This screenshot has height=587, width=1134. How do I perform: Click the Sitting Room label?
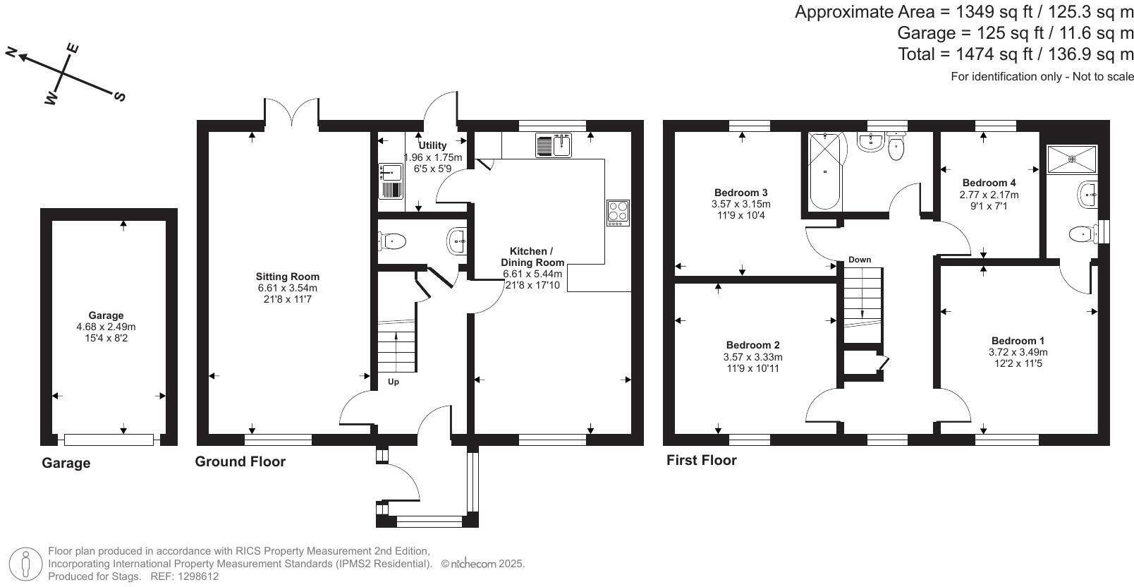pyautogui.click(x=287, y=277)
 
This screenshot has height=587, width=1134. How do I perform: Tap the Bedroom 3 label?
pyautogui.click(x=740, y=193)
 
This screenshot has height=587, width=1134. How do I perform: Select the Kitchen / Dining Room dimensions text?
pyautogui.click(x=532, y=279)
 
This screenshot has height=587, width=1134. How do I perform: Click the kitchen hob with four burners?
pyautogui.click(x=618, y=213)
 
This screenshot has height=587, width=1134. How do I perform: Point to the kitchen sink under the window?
pyautogui.click(x=554, y=145)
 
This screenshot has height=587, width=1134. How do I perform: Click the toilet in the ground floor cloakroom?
pyautogui.click(x=392, y=241)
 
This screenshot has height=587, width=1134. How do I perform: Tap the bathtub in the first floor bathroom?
pyautogui.click(x=824, y=171)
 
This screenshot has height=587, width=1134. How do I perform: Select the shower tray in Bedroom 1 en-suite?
pyautogui.click(x=1072, y=159)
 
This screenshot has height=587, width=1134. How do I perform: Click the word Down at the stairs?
pyautogui.click(x=860, y=260)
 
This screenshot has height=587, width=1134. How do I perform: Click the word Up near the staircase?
pyautogui.click(x=394, y=382)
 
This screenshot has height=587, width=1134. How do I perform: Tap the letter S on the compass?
pyautogui.click(x=120, y=96)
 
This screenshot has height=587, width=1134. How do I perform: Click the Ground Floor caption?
pyautogui.click(x=240, y=461)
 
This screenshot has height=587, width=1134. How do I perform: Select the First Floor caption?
pyautogui.click(x=701, y=460)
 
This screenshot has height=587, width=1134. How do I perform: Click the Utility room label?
pyautogui.click(x=432, y=145)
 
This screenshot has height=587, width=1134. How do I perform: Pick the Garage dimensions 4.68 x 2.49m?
pyautogui.click(x=106, y=327)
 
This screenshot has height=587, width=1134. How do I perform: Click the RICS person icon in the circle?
pyautogui.click(x=25, y=564)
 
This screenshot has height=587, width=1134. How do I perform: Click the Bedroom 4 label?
pyautogui.click(x=989, y=183)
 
